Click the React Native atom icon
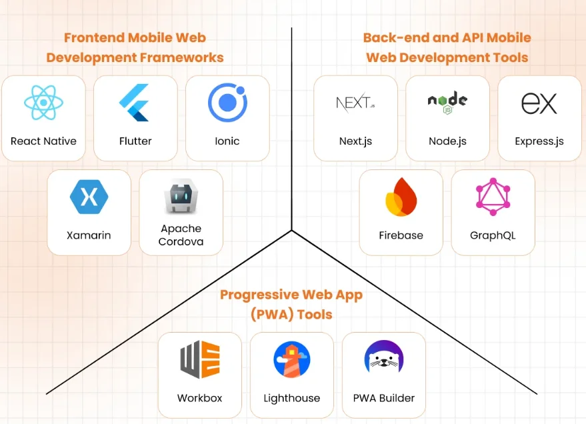coord(43,103)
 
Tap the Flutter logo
coord(135,103)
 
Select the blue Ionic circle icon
coord(227,103)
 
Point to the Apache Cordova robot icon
coord(181,196)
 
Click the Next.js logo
coord(355,103)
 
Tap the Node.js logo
coord(447,103)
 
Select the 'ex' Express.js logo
coord(539,103)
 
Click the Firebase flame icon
coord(401,197)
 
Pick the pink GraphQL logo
coord(493,197)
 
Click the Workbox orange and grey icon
coord(200,359)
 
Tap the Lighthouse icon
coord(292,359)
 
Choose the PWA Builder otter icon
coord(384,359)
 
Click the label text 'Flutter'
coord(135,141)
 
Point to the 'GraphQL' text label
coord(493,235)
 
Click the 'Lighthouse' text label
coord(292,398)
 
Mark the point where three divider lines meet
coord(292,231)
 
